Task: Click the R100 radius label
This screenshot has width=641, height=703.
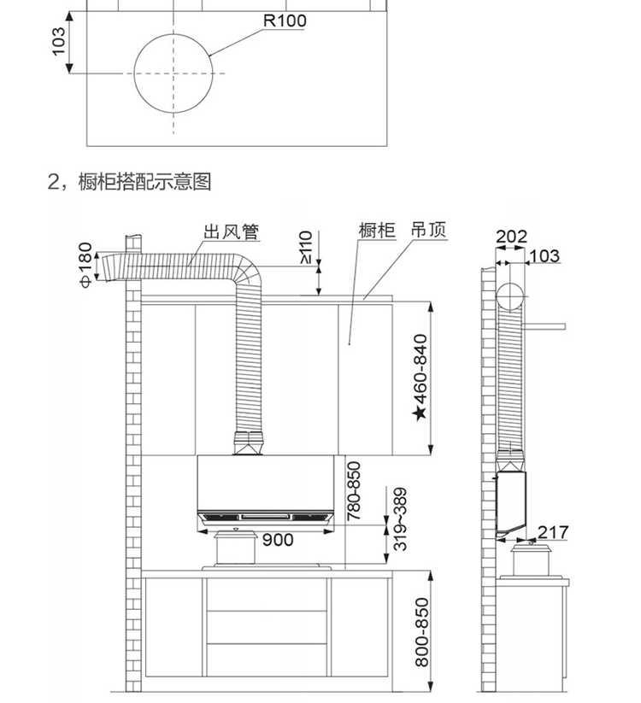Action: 284,21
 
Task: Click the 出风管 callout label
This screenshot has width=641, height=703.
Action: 231,231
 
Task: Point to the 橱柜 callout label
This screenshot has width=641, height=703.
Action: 377,231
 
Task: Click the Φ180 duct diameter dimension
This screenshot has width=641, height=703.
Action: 85,265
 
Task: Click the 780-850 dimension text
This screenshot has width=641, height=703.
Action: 355,490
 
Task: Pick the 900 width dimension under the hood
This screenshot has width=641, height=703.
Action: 278,539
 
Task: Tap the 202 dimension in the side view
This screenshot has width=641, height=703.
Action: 511,237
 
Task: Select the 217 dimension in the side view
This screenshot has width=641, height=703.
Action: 553,533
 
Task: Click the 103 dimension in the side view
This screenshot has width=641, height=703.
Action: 544,255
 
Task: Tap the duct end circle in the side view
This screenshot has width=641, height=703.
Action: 509,296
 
